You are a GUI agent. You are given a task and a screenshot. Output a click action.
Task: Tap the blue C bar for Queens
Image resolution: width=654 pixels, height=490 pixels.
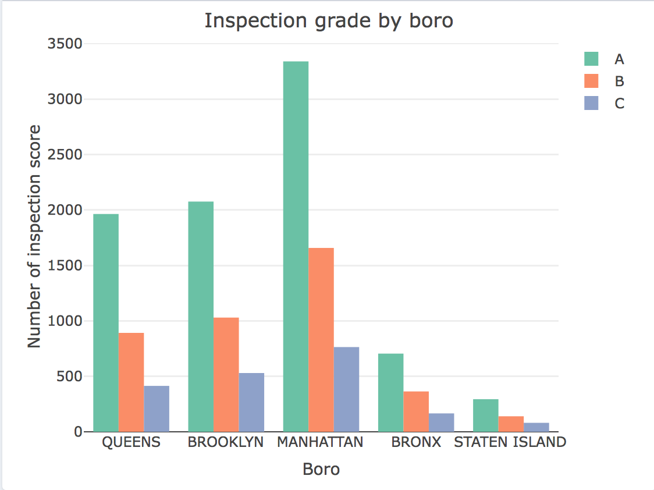(x=157, y=409)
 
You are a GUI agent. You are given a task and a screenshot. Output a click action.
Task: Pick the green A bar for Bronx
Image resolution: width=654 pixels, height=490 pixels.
(x=390, y=392)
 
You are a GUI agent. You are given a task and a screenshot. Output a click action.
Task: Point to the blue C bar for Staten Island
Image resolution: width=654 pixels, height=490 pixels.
(x=536, y=427)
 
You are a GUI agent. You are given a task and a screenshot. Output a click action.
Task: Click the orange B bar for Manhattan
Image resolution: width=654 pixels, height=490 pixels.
(x=321, y=340)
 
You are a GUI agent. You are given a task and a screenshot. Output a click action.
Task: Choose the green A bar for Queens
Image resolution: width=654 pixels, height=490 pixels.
(x=106, y=322)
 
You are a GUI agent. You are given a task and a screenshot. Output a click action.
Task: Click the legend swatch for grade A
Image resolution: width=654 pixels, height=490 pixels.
(x=591, y=59)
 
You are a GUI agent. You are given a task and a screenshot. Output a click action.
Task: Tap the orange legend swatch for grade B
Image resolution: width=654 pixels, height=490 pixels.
(x=591, y=81)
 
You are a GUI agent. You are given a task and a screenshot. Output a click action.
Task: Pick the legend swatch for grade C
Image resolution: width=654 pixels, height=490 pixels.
(x=591, y=103)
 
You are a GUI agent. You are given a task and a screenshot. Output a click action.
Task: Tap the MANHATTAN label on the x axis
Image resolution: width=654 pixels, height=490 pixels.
(x=320, y=442)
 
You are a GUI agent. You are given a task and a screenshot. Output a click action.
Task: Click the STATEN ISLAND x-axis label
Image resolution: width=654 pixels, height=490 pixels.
(x=510, y=442)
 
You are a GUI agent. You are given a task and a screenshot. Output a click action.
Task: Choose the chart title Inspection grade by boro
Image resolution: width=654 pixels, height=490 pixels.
(x=329, y=21)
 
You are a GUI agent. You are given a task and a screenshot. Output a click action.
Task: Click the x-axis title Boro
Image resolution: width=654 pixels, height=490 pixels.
(x=321, y=469)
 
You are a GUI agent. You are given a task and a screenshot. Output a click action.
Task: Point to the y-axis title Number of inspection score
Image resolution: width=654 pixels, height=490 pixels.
(x=35, y=236)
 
